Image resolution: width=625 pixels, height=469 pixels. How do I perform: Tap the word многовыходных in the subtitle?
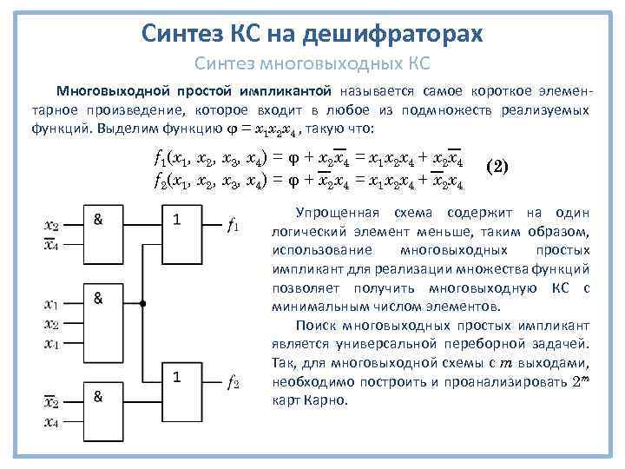tap(332, 63)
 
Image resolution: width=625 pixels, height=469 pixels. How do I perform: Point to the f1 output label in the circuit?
tap(233, 228)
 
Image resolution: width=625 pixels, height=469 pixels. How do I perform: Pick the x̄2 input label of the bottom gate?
tap(52, 402)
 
